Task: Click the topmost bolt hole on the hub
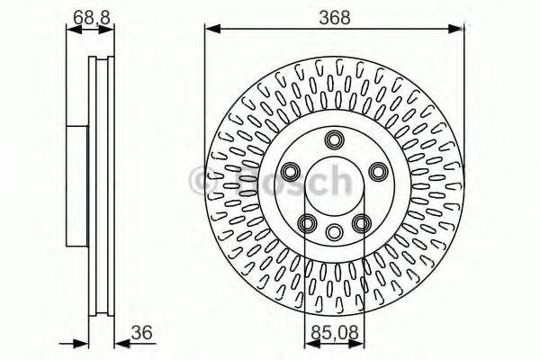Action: tap(335, 139)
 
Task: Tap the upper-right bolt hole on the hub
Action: tap(378, 171)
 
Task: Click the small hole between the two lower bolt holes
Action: tap(335, 230)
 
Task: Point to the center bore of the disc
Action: tap(335, 184)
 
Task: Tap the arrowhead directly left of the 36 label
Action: tap(116, 342)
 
